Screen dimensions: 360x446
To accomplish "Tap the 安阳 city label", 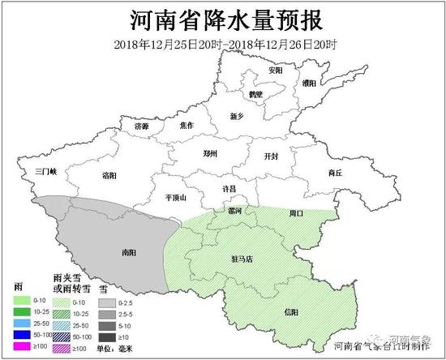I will click(x=277, y=71).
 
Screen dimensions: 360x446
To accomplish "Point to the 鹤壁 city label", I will click(x=257, y=95).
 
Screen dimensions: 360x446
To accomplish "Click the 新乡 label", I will click(x=237, y=117).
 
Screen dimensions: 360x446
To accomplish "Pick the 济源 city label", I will click(x=142, y=126).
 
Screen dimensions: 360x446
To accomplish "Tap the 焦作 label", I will click(x=187, y=125).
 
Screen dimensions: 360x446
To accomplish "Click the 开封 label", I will click(x=271, y=155).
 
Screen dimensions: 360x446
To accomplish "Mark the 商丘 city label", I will click(x=335, y=173).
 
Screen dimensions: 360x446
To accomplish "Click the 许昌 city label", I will click(x=229, y=188).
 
